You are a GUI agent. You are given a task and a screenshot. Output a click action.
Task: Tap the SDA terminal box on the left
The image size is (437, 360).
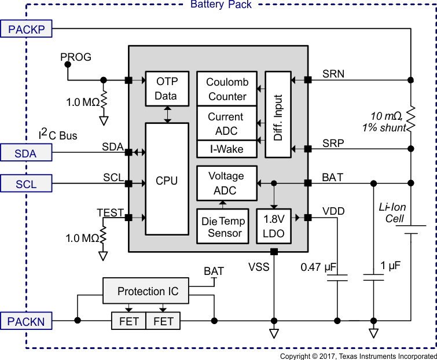[x=27, y=153]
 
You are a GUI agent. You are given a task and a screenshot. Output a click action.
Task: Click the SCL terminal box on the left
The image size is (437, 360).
[x=27, y=183]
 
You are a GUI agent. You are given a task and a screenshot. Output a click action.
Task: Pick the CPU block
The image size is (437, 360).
[x=167, y=181]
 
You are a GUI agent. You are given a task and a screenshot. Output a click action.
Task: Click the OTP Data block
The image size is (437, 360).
[x=167, y=89]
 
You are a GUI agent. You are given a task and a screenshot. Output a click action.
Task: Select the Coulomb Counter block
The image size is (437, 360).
[x=227, y=89]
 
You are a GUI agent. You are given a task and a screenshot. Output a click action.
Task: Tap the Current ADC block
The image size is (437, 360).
[x=226, y=123]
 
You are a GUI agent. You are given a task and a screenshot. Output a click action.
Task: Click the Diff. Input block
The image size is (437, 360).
[x=278, y=115]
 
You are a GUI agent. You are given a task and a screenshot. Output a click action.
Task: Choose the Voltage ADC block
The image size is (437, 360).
[x=226, y=183]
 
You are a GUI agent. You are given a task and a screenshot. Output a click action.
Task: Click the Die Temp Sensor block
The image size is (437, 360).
[x=223, y=226]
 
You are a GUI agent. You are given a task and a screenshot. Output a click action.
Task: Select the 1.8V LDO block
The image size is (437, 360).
[x=274, y=226]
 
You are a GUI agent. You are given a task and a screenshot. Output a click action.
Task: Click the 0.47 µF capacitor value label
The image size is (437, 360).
[x=319, y=267]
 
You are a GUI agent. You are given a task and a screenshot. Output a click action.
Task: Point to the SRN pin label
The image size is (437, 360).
[x=333, y=74]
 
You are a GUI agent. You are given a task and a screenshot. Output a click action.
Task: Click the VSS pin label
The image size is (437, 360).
[x=259, y=267]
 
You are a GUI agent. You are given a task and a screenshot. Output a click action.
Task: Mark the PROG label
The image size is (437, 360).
[x=76, y=57]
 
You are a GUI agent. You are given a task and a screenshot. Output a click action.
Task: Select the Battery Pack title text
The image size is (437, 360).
[x=221, y=5]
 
